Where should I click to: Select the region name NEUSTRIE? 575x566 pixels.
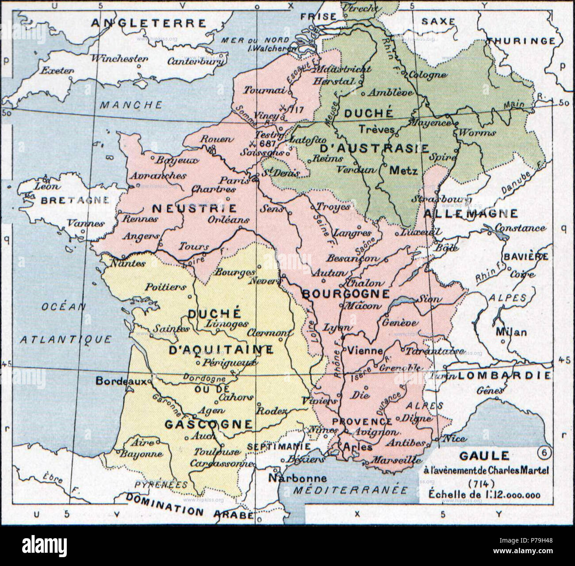point(194,208)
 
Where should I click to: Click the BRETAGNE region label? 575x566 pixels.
point(74,200)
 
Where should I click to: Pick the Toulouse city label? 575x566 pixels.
point(217,452)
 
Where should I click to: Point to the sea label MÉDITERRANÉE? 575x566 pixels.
point(351,490)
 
